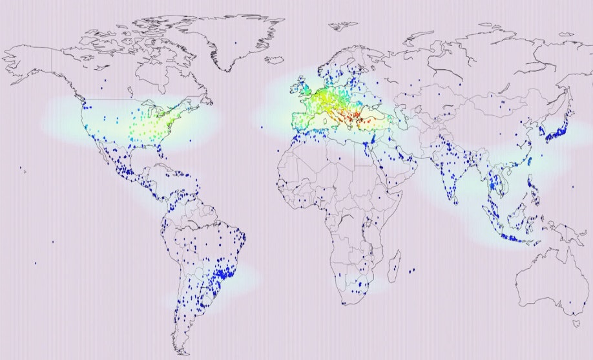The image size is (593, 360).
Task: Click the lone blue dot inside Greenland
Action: click(x=235, y=43)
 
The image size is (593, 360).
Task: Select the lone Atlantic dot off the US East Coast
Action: click(x=191, y=140)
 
